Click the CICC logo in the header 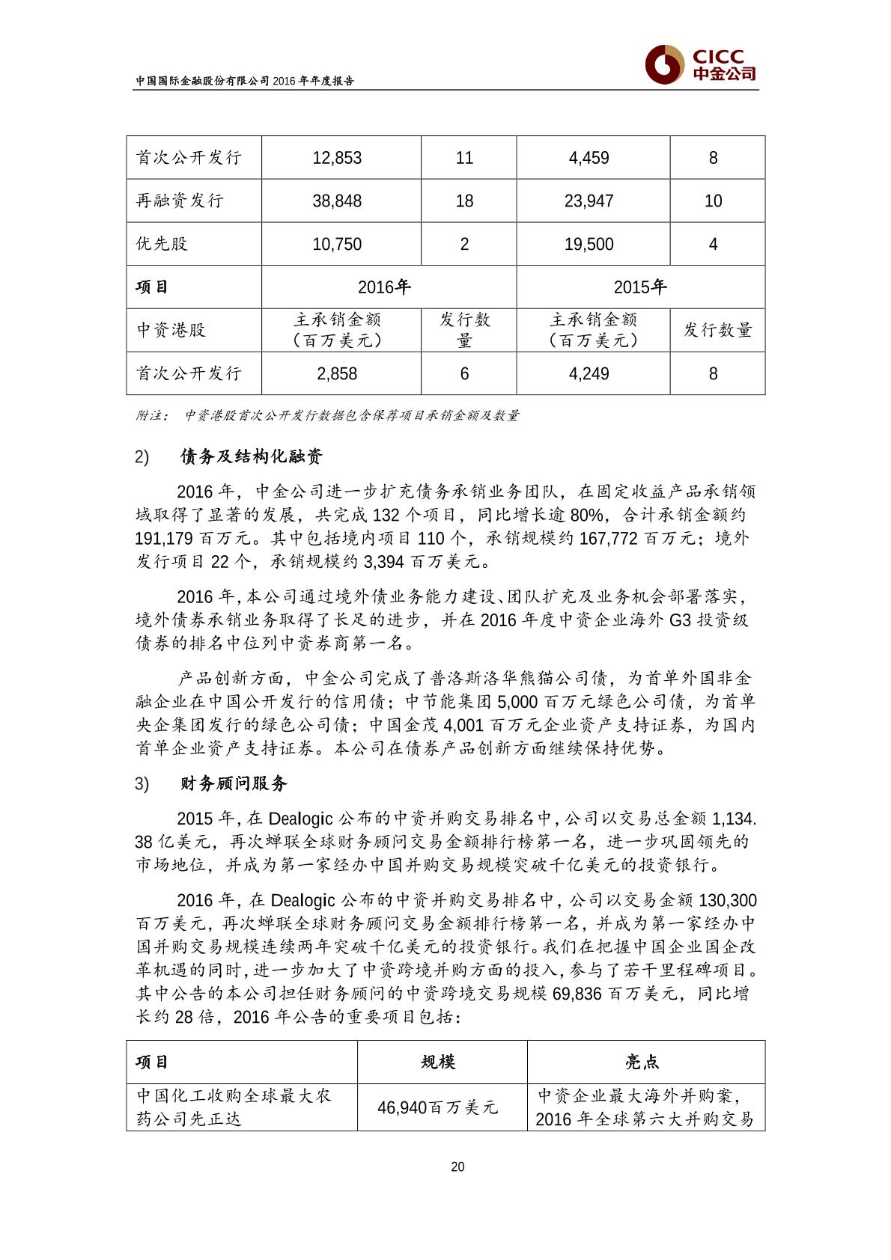pos(701,64)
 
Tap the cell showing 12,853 pos(337,158)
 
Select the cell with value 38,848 pos(337,201)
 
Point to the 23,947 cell pos(589,201)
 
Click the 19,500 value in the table pos(589,244)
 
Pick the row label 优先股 pos(162,244)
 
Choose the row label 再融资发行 pos(180,201)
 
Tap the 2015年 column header pos(640,287)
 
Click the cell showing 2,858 pos(337,373)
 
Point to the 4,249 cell pos(589,373)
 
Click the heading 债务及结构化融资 pos(252,456)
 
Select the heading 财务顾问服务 pos(234,784)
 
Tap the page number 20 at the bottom pos(458,1166)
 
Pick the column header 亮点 pos(642,1062)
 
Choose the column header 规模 pos(438,1062)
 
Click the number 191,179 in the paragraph pos(165,539)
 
